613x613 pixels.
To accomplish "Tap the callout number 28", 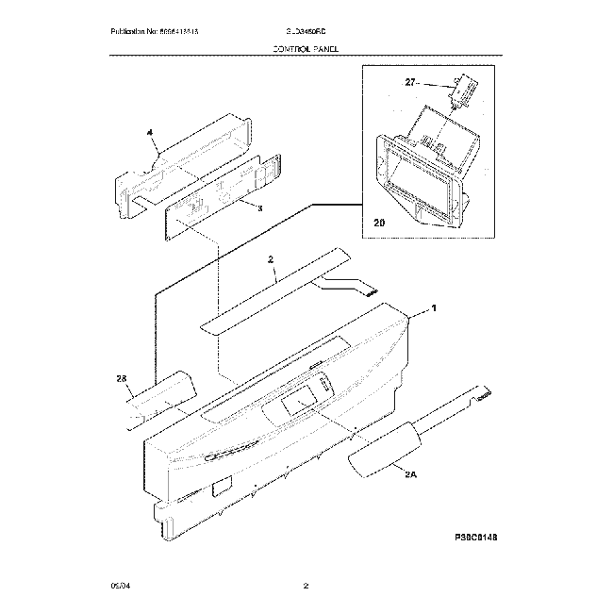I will coord(121,378).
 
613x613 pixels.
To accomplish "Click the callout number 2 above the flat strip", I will coord(270,259).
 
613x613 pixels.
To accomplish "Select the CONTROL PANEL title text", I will coord(306,46).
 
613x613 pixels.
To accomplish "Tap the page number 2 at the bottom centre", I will coord(306,588).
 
